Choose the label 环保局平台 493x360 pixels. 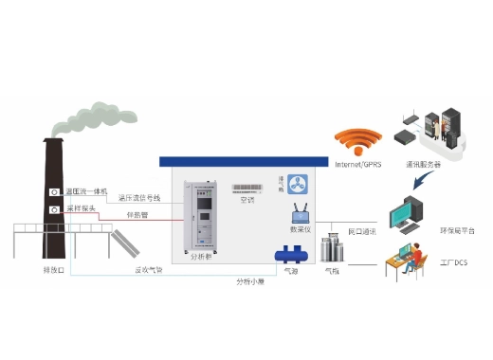click(458, 230)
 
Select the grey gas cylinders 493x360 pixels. click(332, 249)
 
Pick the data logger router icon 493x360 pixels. click(301, 212)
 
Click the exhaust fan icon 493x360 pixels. click(300, 182)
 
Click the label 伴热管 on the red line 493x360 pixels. click(137, 214)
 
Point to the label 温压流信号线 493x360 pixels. click(139, 198)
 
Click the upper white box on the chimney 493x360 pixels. click(55, 192)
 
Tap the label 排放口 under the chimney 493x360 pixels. click(54, 270)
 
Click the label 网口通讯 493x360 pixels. click(362, 231)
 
